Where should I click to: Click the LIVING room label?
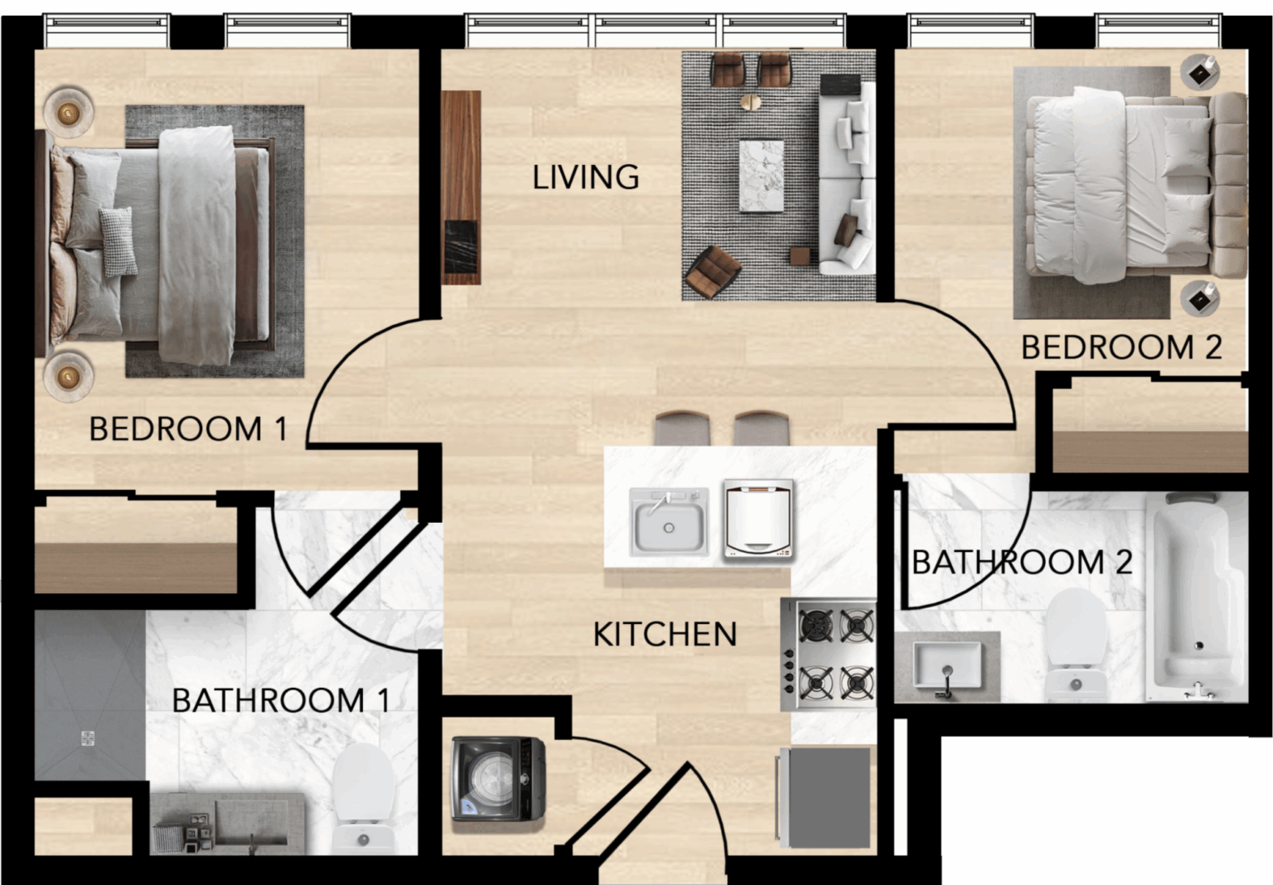click(x=585, y=177)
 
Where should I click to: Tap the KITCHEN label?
click(x=665, y=634)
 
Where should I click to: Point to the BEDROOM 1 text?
click(x=188, y=428)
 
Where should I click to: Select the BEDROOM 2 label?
click(x=1121, y=347)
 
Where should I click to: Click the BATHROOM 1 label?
click(x=281, y=700)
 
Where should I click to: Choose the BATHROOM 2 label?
click(x=1022, y=563)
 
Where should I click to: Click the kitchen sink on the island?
click(x=669, y=521)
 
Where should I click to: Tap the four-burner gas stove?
click(x=829, y=654)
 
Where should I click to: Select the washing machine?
click(x=498, y=779)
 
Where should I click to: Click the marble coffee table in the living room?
click(x=761, y=177)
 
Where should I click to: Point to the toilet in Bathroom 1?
click(x=362, y=800)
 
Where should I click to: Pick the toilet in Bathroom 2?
click(x=1075, y=644)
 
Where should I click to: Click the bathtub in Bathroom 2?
click(x=1196, y=597)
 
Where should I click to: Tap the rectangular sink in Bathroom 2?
click(x=946, y=665)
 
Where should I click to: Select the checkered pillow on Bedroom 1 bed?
click(x=119, y=241)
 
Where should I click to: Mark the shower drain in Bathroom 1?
click(x=88, y=738)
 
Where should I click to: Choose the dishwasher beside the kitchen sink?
click(x=758, y=521)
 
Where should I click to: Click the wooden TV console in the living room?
click(x=461, y=187)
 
